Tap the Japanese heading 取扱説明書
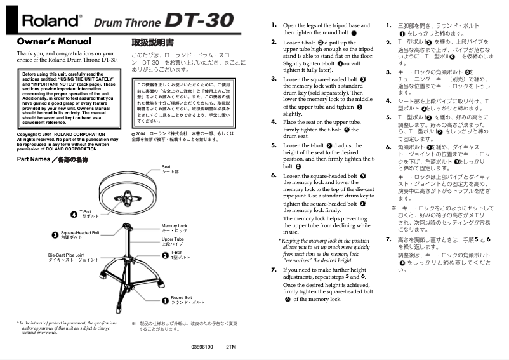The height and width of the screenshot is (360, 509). [x=152, y=43]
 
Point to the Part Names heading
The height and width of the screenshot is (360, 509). [x=52, y=159]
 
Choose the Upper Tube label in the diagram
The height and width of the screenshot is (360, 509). [x=173, y=241]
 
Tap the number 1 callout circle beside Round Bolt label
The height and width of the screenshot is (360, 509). [x=164, y=300]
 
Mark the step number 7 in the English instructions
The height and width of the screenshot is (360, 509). [x=274, y=270]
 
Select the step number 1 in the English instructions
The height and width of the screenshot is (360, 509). [x=274, y=25]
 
